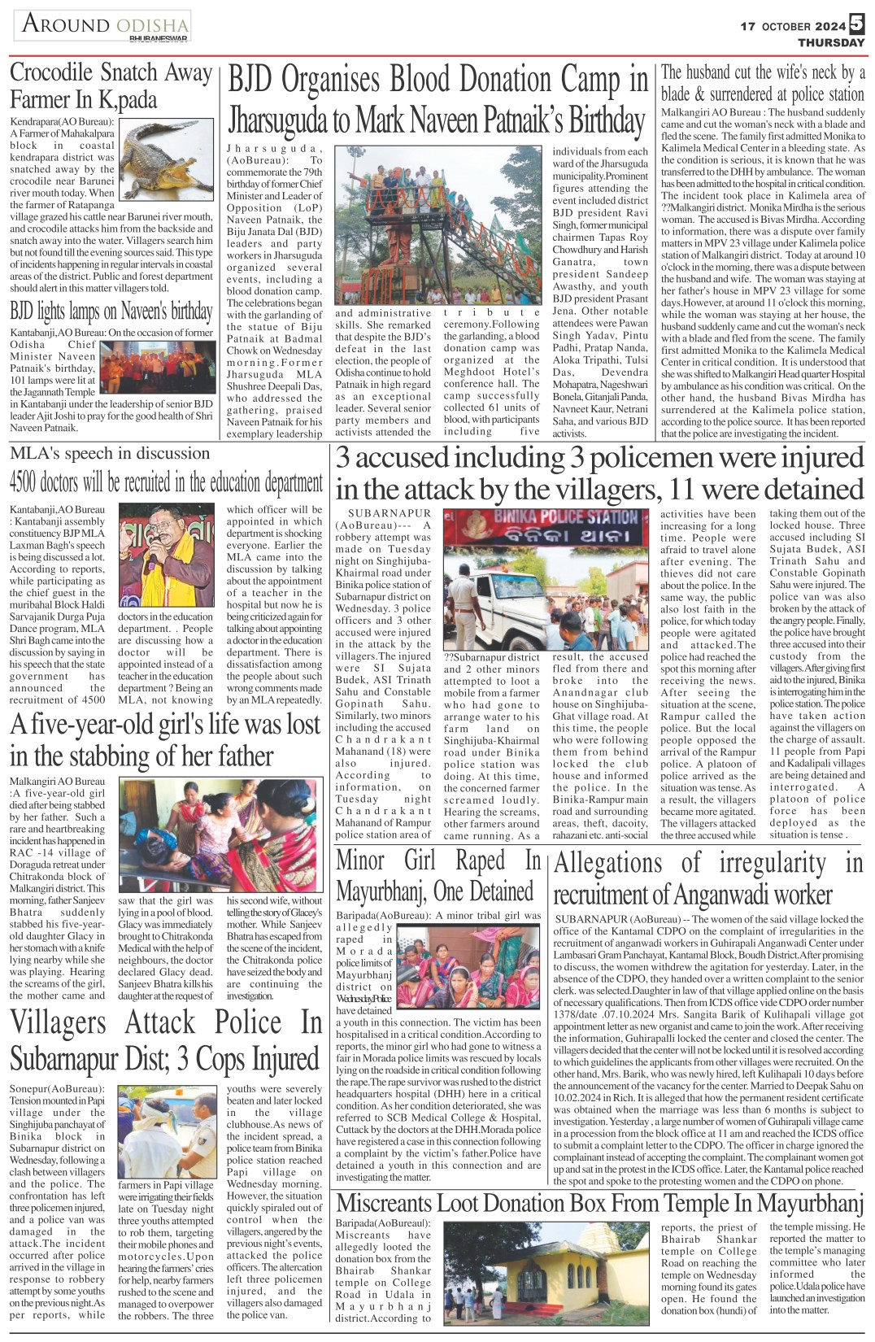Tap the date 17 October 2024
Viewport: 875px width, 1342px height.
pos(793,26)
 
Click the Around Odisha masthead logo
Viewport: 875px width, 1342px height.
pos(103,25)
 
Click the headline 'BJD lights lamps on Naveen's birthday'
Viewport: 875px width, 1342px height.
pos(111,312)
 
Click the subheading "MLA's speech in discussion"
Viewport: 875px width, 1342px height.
pos(110,453)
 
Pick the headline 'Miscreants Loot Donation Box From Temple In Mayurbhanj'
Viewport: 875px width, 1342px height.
pos(599,1203)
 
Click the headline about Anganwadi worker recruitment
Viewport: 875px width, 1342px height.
pos(707,878)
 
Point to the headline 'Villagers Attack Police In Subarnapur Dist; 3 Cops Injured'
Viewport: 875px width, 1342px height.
pos(166,1040)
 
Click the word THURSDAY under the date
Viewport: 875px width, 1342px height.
pos(830,42)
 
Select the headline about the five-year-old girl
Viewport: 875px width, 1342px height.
pos(166,739)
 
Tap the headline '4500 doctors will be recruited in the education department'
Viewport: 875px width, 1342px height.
pos(166,483)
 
